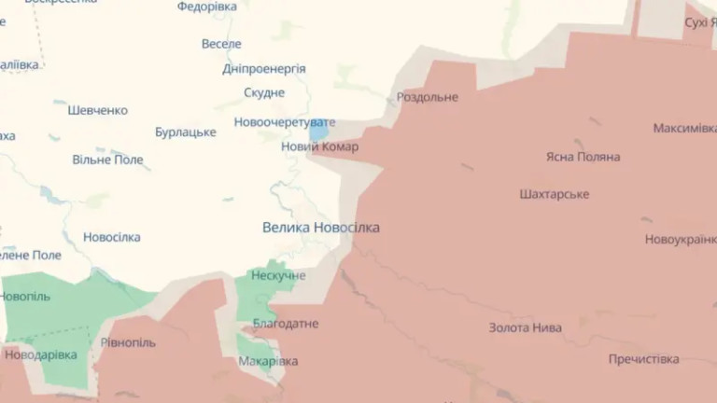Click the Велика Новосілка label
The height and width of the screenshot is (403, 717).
[x=320, y=227]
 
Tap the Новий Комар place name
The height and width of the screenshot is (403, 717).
[x=319, y=146]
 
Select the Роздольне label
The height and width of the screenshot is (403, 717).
[x=428, y=97]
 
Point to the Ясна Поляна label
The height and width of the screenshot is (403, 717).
[x=583, y=157]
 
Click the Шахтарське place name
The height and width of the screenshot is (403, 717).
[x=554, y=194]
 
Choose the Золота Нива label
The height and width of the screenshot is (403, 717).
[x=526, y=327]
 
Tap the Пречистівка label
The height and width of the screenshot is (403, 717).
[x=643, y=359]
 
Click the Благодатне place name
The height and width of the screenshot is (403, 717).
[x=286, y=324]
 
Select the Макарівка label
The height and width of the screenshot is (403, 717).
[x=268, y=361]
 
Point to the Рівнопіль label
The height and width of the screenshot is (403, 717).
[x=128, y=342]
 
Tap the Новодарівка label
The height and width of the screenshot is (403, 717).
[x=40, y=354]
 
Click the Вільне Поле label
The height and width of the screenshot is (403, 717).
[x=108, y=160]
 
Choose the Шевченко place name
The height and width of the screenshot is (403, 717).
[x=97, y=110]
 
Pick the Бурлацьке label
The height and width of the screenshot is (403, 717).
[x=186, y=132]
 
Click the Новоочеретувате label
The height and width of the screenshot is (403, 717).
[x=283, y=122]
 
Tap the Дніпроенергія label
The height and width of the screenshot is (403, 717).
[x=264, y=68]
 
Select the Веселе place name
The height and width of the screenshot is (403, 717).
[x=221, y=44]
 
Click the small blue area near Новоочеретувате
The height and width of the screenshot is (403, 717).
[x=318, y=132]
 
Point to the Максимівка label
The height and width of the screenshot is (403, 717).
[x=684, y=128]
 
